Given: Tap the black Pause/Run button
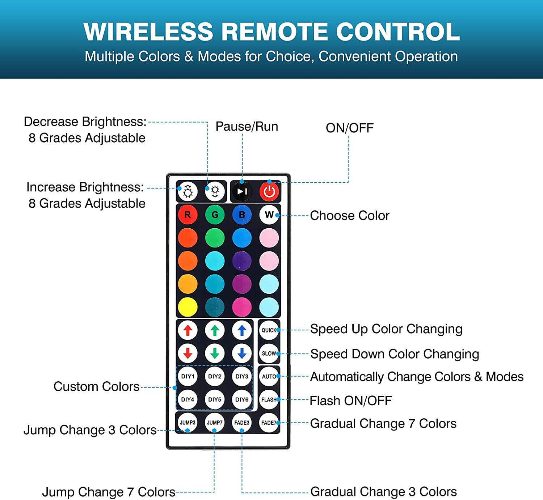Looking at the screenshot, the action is click(242, 191).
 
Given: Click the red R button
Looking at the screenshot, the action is click(188, 215).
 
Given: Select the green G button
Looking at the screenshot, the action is click(215, 215).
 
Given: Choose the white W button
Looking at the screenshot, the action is click(269, 215).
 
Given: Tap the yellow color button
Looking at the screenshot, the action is click(188, 307).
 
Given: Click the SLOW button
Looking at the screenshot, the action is click(269, 353).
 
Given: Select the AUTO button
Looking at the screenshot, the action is click(269, 376).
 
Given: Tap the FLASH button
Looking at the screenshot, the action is click(269, 400).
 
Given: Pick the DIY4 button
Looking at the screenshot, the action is click(188, 400).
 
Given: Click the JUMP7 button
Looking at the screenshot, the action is click(215, 423).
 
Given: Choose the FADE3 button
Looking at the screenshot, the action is click(242, 423).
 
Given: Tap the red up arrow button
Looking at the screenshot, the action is click(188, 330).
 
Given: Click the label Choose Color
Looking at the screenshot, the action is click(349, 216).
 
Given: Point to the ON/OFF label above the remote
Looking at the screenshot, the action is click(349, 128).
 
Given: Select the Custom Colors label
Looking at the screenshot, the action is click(96, 386).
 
